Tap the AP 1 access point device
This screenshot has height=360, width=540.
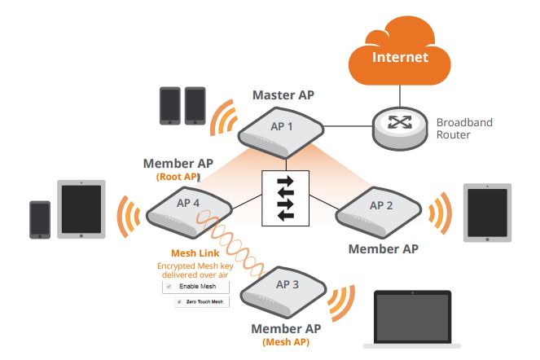[280, 131]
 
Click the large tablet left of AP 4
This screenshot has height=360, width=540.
[81, 209]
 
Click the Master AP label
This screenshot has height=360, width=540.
[283, 94]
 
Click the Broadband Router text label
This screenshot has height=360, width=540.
[464, 128]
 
